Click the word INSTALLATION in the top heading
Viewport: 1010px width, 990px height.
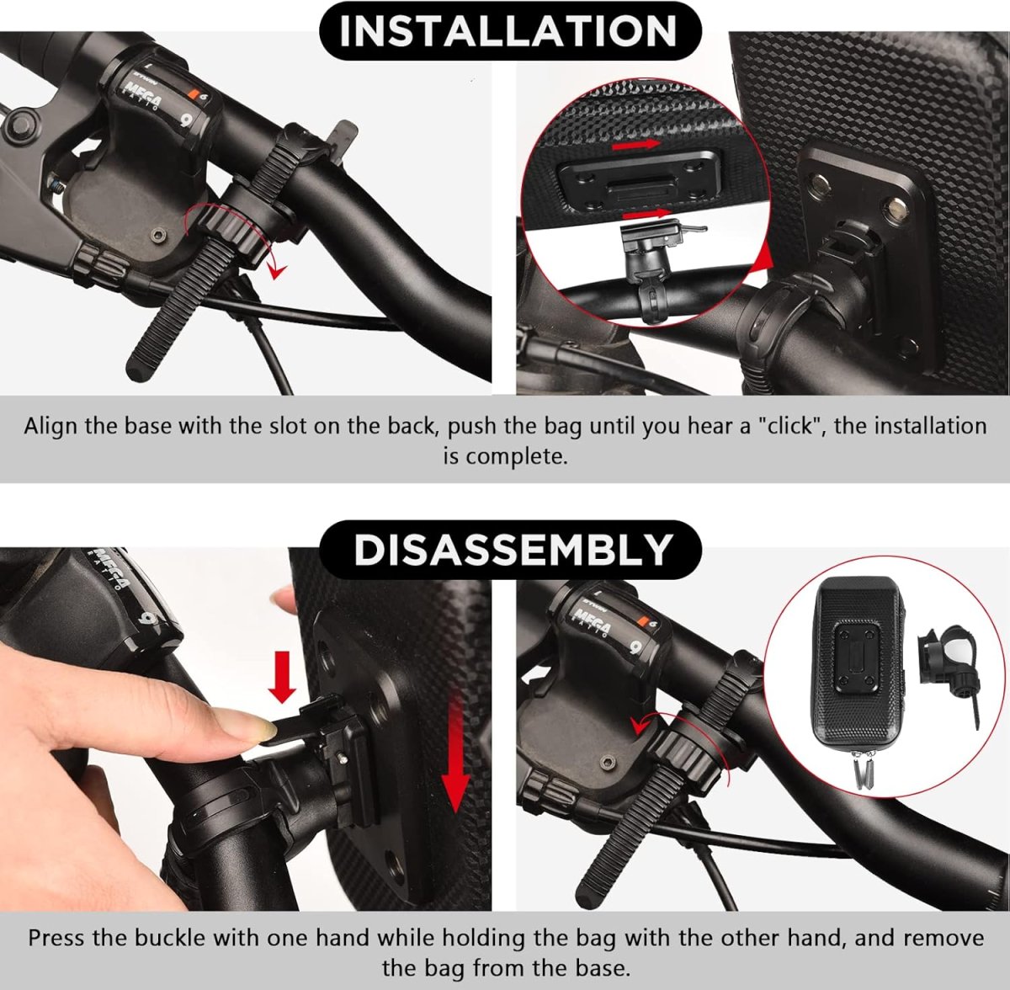tap(508, 31)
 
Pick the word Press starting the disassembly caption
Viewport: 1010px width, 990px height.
tap(56, 938)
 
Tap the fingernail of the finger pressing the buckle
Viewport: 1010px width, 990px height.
tap(237, 722)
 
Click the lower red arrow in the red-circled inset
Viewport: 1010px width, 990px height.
tap(650, 214)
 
